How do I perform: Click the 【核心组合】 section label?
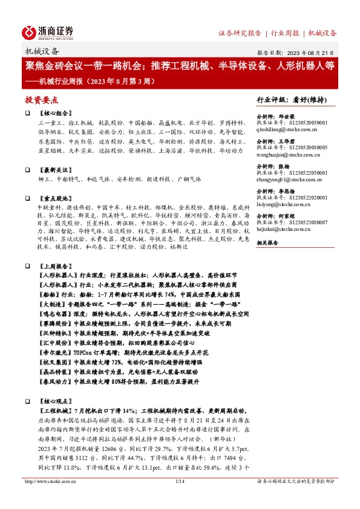(x=52, y=113)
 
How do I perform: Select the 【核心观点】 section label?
(x=52, y=401)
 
